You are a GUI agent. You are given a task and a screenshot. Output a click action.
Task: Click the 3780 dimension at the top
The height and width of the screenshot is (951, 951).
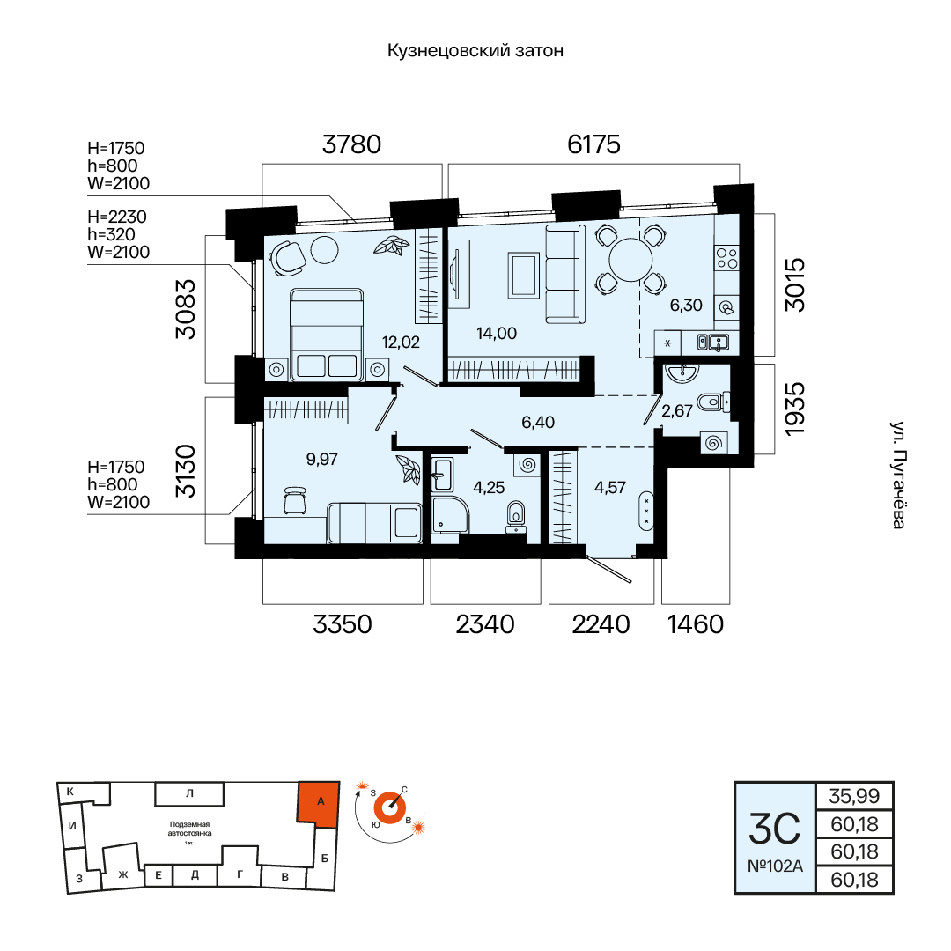(351, 144)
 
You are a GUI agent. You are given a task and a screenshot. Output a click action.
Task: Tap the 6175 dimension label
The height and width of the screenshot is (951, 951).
(593, 144)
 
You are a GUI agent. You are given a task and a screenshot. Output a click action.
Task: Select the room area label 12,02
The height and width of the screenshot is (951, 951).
(401, 342)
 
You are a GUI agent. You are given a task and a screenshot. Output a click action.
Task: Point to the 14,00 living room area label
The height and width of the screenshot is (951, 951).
(497, 333)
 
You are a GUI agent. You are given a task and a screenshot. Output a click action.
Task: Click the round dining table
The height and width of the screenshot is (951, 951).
(630, 260)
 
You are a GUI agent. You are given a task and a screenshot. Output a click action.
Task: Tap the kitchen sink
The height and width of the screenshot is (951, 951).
(713, 343)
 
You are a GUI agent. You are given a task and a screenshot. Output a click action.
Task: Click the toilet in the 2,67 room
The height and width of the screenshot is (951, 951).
(713, 402)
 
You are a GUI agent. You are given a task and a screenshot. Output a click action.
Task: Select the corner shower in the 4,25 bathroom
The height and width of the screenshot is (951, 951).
(451, 515)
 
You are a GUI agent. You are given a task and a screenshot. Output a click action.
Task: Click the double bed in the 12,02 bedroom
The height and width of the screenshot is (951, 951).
(327, 335)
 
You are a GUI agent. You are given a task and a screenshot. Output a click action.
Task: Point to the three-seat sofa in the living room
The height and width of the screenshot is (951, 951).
(565, 274)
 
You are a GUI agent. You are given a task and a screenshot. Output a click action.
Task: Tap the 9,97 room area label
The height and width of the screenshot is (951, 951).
(322, 459)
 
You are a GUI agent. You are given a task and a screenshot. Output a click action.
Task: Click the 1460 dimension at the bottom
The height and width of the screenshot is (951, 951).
(696, 624)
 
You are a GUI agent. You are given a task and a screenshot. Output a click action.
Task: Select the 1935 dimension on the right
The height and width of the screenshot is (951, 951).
(794, 409)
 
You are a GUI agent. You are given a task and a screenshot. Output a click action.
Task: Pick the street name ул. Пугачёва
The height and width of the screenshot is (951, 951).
(898, 475)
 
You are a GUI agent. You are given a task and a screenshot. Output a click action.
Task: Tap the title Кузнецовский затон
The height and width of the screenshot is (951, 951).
(475, 50)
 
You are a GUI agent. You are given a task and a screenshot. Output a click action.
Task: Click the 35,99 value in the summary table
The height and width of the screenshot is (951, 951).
(854, 796)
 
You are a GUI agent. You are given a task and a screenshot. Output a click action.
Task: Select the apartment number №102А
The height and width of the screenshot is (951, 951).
(775, 866)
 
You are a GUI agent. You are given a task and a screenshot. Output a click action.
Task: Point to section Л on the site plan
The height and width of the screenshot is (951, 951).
(189, 793)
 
